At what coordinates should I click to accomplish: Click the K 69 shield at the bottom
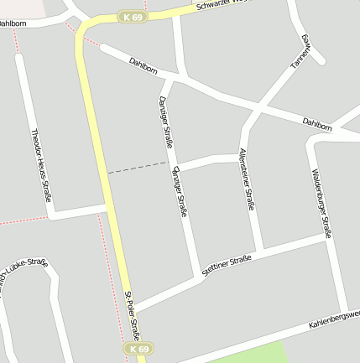pos(138,348)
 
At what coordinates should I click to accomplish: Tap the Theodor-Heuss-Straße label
pos(41,166)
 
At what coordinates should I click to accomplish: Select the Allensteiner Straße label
pos(246,179)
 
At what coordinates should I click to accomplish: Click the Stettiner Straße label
pos(227,266)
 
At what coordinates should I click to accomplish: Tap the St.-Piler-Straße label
pos(133,314)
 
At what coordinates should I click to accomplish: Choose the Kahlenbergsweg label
pos(334,319)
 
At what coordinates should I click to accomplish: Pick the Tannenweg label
pos(301,52)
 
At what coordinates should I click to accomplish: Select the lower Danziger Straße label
pos(179,193)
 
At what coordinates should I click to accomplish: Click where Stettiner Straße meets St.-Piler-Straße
pos(134,308)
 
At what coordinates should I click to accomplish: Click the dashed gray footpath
pos(138,169)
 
